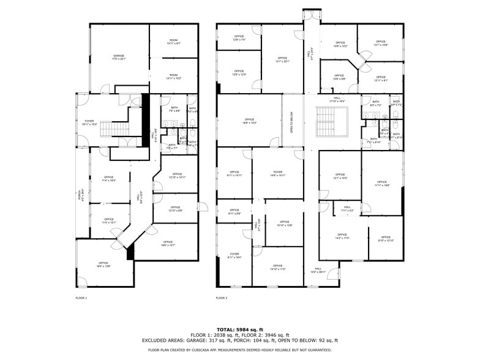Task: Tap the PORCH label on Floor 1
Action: [80, 195]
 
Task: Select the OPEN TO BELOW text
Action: [292, 121]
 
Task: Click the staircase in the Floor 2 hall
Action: [331, 121]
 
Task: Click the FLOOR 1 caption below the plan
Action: [81, 298]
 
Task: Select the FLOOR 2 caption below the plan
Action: [221, 298]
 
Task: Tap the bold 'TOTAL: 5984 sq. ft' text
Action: [240, 329]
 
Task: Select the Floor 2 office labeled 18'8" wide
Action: [249, 121]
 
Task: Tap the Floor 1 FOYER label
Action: [89, 122]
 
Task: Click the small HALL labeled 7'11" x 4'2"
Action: [347, 209]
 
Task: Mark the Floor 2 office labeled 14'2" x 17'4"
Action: [342, 236]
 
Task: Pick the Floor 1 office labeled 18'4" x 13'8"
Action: [103, 264]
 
